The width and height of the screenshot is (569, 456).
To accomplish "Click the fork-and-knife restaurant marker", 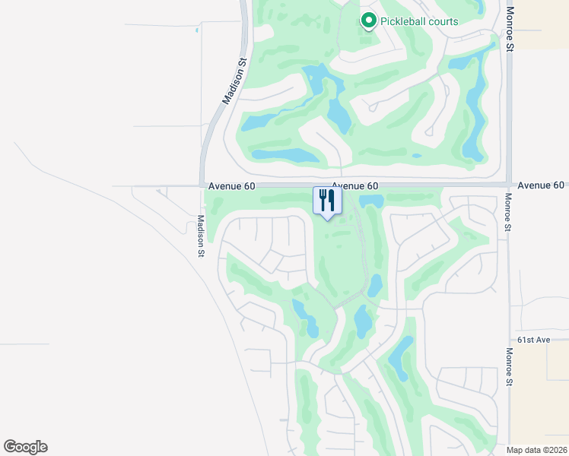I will [x=327, y=201].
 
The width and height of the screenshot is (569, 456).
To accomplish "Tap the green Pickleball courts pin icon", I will [x=369, y=21].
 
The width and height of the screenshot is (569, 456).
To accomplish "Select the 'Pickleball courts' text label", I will [x=420, y=21].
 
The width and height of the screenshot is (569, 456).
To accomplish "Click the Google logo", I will [x=25, y=447].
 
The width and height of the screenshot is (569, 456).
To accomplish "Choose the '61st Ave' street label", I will [x=533, y=340].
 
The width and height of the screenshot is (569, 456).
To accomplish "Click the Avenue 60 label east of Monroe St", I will [x=541, y=185].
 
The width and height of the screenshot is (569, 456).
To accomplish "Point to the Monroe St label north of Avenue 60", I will [x=510, y=29].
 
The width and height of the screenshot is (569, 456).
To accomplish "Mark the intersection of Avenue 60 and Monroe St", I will [x=509, y=185].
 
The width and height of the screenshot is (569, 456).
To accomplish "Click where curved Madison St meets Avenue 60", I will [x=202, y=185].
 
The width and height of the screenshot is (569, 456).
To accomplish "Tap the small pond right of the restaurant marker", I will [x=371, y=201].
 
